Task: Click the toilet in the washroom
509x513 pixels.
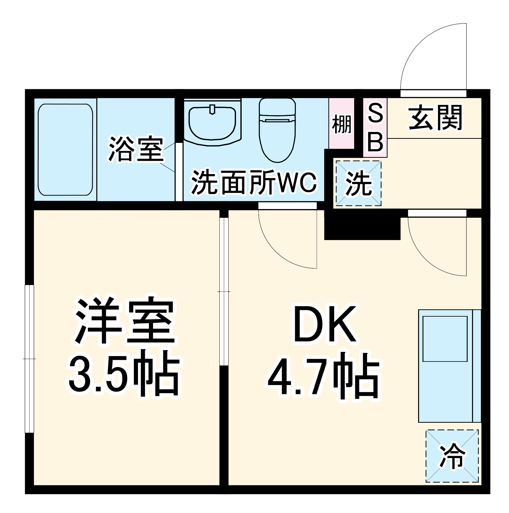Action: click(277, 130)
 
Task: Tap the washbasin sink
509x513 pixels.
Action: click(212, 123)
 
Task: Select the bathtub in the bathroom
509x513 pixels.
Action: click(65, 150)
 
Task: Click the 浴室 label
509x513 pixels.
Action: click(136, 150)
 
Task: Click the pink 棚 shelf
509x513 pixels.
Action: click(341, 124)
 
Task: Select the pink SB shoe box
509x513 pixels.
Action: click(375, 128)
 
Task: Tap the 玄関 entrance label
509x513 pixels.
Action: click(435, 118)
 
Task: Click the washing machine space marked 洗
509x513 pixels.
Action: click(358, 183)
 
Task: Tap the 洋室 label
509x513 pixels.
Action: click(125, 321)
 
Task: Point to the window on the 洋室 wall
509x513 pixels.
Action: click(30, 359)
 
